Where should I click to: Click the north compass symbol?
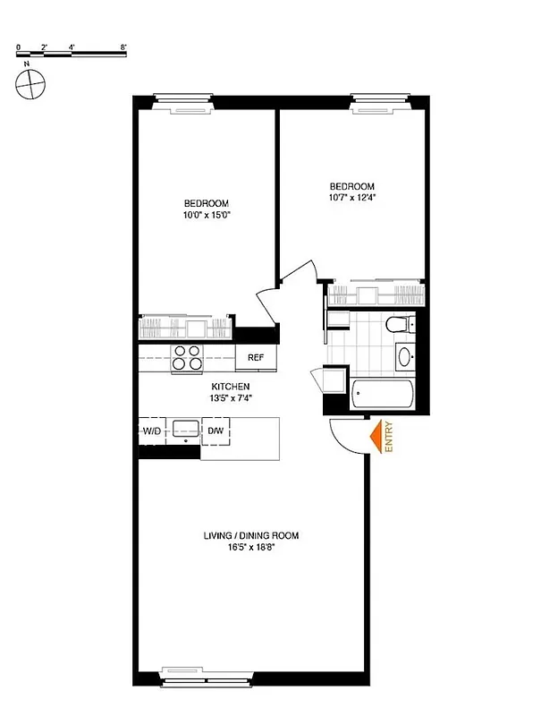coord(30,83)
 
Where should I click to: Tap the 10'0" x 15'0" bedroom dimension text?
coord(207,216)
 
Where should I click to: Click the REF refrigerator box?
coord(256,358)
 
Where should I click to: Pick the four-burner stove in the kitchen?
coord(189,357)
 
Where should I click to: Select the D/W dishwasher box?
coord(216,431)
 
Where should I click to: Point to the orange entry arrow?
coord(376,437)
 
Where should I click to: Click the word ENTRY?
coord(390,438)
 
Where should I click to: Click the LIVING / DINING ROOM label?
coord(249,536)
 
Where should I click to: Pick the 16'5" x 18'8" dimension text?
coord(249,549)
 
